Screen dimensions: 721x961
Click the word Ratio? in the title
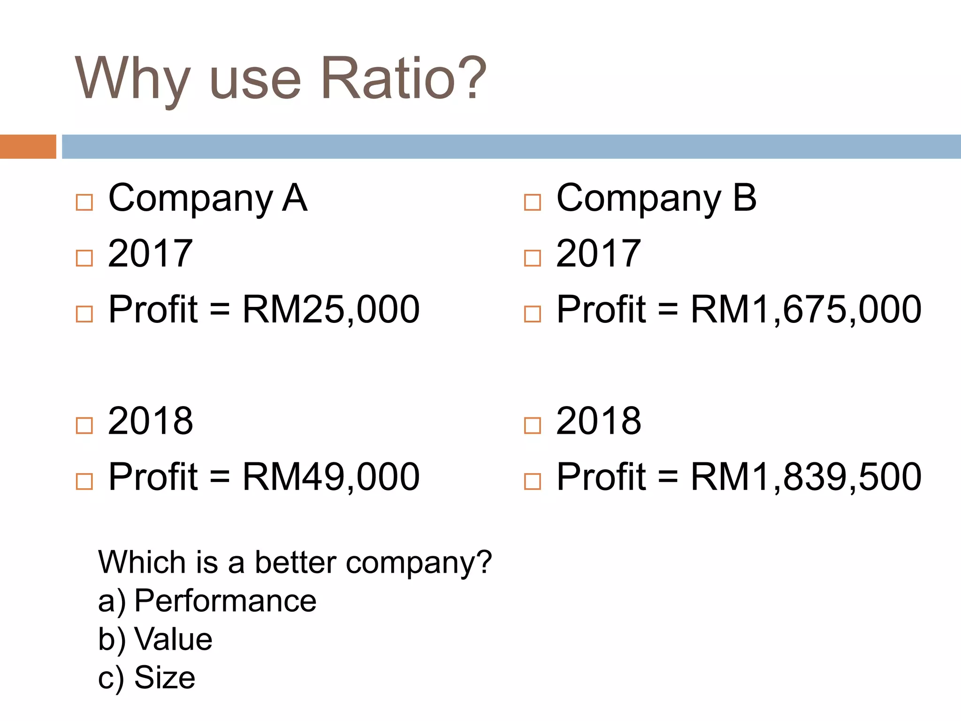coord(404,78)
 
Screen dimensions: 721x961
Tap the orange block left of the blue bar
coord(28,146)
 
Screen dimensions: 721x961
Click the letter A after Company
coord(295,198)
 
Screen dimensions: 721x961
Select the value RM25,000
coord(331,309)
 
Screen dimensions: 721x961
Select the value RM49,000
coord(331,477)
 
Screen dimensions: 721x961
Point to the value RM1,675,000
coord(806,309)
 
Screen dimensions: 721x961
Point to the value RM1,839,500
coord(806,477)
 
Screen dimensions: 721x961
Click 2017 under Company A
coord(150,253)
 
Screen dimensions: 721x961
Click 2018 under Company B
coord(598,421)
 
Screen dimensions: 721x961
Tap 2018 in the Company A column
coord(150,421)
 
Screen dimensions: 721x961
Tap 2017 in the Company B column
coord(598,253)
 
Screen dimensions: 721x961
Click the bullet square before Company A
coord(84,203)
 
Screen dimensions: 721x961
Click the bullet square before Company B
coord(533,203)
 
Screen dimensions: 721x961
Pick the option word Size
coord(165,677)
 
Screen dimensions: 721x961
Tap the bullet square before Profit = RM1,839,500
coord(533,482)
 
